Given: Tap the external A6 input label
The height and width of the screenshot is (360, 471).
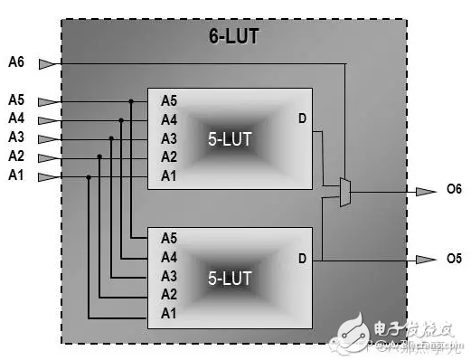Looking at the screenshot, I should pyautogui.click(x=16, y=62).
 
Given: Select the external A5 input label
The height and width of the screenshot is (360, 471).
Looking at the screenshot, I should pyautogui.click(x=16, y=100).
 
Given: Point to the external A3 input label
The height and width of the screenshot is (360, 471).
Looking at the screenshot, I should pyautogui.click(x=16, y=137).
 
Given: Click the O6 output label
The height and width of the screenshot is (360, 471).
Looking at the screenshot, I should pyautogui.click(x=454, y=191).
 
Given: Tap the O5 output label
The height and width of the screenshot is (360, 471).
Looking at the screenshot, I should pyautogui.click(x=454, y=260).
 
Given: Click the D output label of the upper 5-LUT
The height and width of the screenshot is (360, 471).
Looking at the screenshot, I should pyautogui.click(x=302, y=119).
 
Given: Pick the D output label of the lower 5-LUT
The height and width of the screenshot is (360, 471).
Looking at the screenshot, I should pyautogui.click(x=302, y=259).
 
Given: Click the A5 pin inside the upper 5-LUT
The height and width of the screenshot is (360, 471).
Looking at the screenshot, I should pyautogui.click(x=169, y=100).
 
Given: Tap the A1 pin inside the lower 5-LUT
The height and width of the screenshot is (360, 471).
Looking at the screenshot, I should pyautogui.click(x=169, y=314).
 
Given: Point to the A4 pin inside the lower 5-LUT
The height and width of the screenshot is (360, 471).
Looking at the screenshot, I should pyautogui.click(x=169, y=257).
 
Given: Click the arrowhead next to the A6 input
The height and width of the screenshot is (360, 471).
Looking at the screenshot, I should pyautogui.click(x=47, y=63).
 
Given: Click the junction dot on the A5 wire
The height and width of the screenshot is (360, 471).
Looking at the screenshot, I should pyautogui.click(x=131, y=101).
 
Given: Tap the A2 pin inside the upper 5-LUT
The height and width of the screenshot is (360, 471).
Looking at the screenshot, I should pyautogui.click(x=169, y=156).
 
